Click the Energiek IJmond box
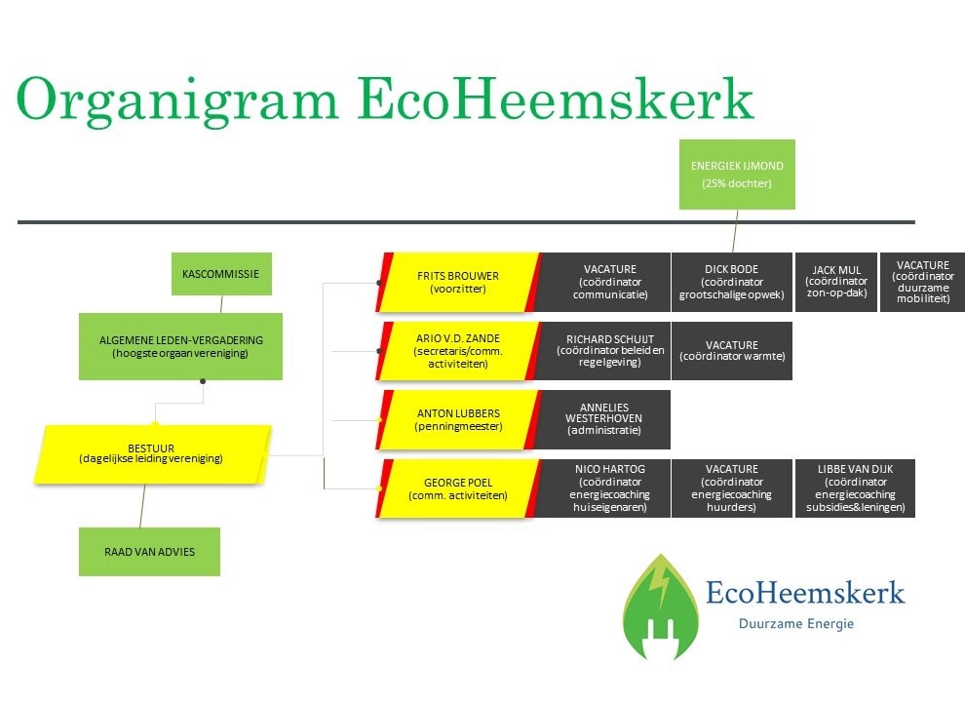point(737,175)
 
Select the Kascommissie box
point(221,274)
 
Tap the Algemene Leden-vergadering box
point(181,347)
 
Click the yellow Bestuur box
point(152,453)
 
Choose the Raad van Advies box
point(149,552)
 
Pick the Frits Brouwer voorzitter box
point(458,282)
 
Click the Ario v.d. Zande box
point(458,350)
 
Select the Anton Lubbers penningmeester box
point(458,419)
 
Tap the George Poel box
point(458,488)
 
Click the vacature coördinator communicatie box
point(603,282)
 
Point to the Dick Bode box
point(732,282)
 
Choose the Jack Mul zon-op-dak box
point(836,282)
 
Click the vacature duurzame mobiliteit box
point(922,282)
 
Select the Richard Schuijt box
point(603,350)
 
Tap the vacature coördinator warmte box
point(732,350)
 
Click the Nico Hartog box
point(603,488)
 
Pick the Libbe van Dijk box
point(856,488)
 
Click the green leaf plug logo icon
point(661,606)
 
